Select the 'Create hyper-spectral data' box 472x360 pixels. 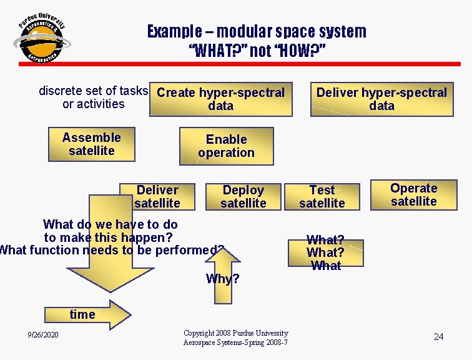[x=221, y=99]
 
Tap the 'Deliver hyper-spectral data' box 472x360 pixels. [x=381, y=99]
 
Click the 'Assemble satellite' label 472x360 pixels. [x=92, y=144]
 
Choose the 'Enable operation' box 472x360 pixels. [x=226, y=146]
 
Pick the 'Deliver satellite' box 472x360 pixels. [x=157, y=196]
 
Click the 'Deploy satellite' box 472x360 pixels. [x=243, y=196]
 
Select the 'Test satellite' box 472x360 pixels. [x=322, y=196]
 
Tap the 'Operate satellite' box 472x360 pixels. [x=413, y=194]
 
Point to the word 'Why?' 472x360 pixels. [x=222, y=279]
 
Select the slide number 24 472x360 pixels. [x=438, y=337]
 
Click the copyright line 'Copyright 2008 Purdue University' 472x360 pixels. [x=235, y=333]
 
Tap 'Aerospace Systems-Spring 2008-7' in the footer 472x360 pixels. [x=235, y=342]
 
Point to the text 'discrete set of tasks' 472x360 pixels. [x=93, y=91]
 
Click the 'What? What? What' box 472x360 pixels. [x=325, y=252]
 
